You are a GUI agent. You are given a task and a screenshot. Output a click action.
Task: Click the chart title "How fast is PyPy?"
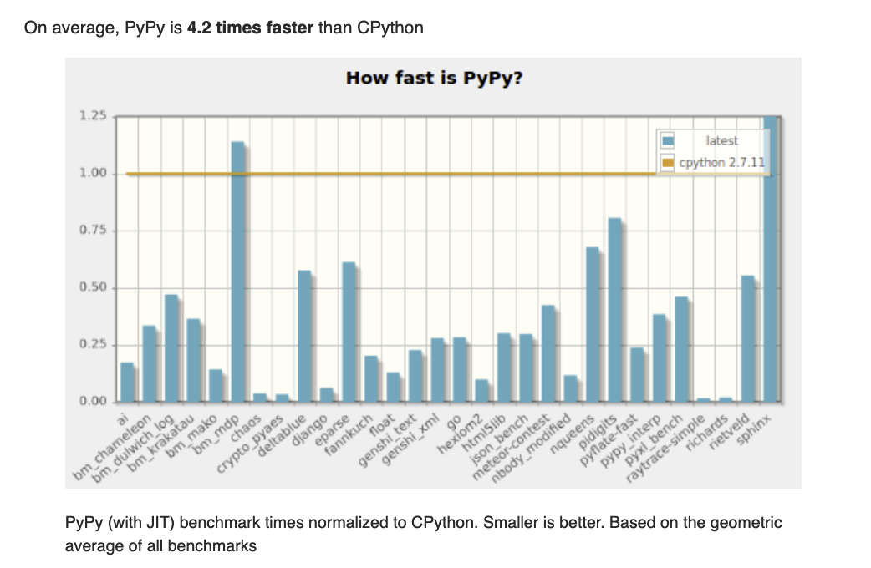coord(435,79)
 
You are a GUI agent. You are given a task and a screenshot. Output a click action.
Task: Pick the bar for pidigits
coord(615,309)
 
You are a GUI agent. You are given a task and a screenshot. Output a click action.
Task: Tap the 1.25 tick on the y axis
coord(93,116)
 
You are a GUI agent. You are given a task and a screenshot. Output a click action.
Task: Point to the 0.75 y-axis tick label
coord(93,231)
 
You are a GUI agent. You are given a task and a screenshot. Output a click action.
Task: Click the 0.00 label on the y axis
coord(93,402)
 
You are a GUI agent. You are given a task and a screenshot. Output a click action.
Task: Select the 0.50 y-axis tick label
coord(93,288)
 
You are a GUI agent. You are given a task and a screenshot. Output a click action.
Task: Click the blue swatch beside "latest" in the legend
coord(668,142)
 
